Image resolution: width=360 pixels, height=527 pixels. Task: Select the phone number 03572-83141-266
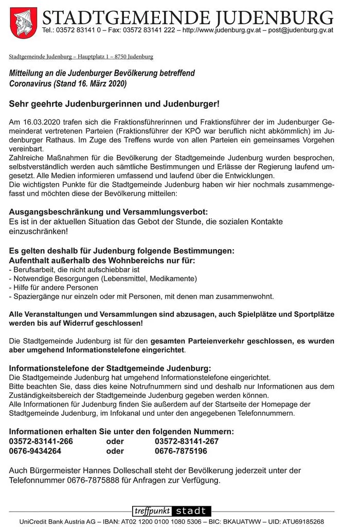[x=41, y=441]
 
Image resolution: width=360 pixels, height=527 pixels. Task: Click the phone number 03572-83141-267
[x=187, y=441]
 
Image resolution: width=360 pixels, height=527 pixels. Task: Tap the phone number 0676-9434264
[x=35, y=451]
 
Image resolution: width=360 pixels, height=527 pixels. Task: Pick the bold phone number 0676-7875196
[x=181, y=451]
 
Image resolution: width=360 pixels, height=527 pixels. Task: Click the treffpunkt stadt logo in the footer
[x=172, y=511]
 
